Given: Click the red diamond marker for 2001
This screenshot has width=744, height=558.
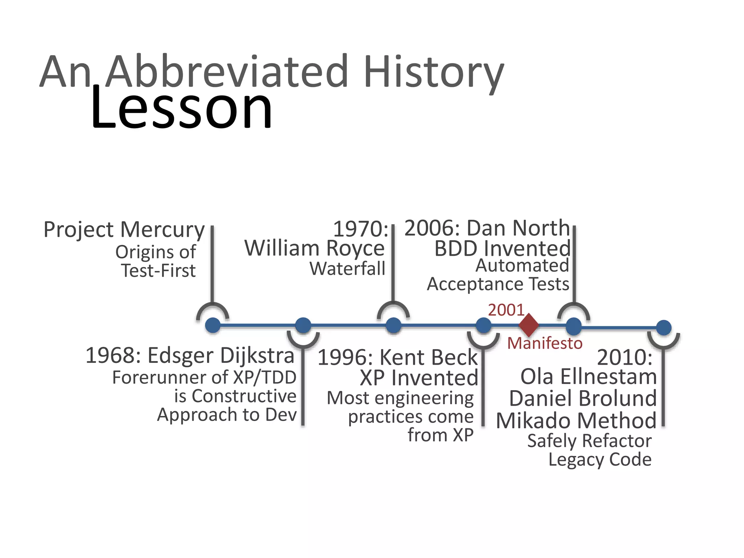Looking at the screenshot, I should click(x=529, y=325).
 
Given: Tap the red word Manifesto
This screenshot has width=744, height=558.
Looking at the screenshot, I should click(x=545, y=343).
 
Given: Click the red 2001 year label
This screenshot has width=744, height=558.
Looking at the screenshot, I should click(x=506, y=310).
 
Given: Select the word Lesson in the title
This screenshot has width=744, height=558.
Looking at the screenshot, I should click(x=181, y=108).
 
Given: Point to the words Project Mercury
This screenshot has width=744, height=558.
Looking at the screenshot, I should click(x=124, y=230).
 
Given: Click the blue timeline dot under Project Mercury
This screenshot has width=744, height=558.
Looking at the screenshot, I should click(x=213, y=325).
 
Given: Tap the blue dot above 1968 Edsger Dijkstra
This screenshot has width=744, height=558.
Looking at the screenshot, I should click(x=303, y=325).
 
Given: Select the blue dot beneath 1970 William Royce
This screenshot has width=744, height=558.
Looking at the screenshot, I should click(x=393, y=325).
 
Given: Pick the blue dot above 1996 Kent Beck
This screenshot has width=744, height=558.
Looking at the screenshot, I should click(x=484, y=325).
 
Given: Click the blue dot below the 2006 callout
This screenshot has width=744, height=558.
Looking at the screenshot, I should click(x=574, y=326).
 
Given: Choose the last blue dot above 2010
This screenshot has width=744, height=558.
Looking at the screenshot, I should click(x=664, y=328).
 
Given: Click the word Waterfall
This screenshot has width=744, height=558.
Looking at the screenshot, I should click(x=347, y=269).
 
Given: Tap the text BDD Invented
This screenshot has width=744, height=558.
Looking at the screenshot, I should click(x=502, y=249).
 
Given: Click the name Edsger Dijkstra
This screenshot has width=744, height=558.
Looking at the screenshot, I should click(x=221, y=356).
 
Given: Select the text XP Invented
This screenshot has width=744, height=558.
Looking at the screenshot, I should click(x=419, y=378).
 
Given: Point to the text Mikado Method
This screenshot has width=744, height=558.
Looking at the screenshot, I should click(x=576, y=421).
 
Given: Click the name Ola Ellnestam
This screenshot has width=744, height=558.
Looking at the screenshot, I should click(x=589, y=376).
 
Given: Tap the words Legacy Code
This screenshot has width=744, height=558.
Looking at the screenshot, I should click(x=600, y=460).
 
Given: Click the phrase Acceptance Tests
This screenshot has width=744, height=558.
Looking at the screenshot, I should click(x=498, y=284).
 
